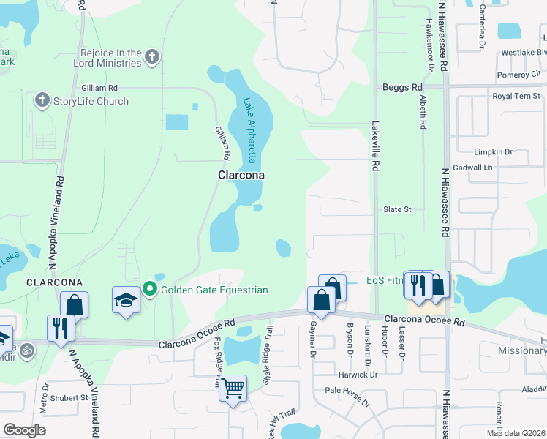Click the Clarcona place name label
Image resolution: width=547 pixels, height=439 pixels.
[x=241, y=176]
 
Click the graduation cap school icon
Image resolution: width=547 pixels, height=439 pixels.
[x=127, y=299]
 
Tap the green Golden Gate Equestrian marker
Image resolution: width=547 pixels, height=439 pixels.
[x=150, y=290]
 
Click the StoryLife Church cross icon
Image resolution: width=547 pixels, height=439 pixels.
[x=42, y=101]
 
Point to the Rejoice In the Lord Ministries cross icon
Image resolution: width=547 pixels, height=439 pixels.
[x=152, y=57]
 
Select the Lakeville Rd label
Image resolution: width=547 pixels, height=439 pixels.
[x=374, y=146]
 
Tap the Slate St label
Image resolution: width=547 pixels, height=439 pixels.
[x=398, y=209]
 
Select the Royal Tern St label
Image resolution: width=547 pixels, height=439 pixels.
[x=516, y=96]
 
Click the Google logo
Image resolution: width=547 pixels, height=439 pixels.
[x=24, y=430]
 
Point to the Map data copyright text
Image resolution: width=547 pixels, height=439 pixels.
[x=515, y=433]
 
